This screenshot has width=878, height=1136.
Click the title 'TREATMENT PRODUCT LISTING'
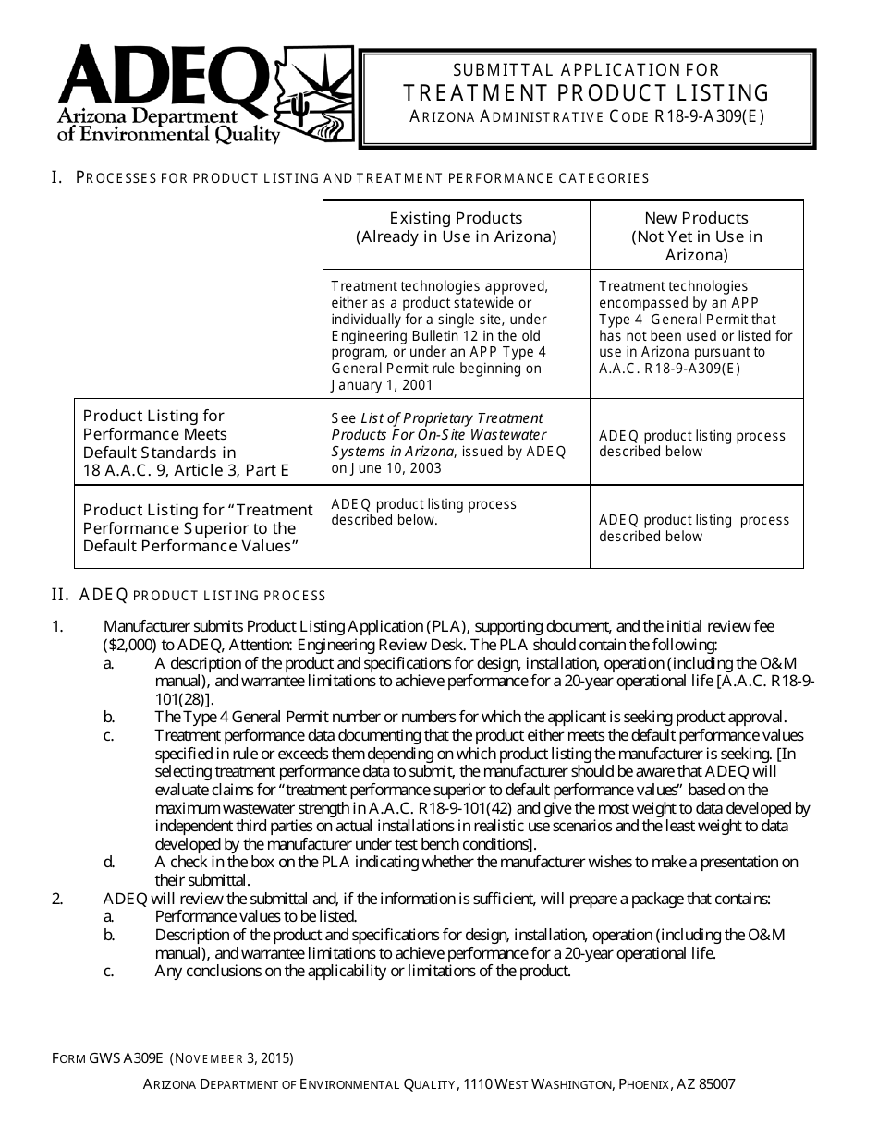point(587,92)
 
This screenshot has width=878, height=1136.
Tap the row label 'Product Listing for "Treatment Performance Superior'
point(198,527)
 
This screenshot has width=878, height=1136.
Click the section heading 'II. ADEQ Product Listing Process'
point(189,595)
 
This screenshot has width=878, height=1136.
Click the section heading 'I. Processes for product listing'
point(350,177)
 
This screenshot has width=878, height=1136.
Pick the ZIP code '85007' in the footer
point(716,1085)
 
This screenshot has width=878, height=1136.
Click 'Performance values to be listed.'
point(256,916)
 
